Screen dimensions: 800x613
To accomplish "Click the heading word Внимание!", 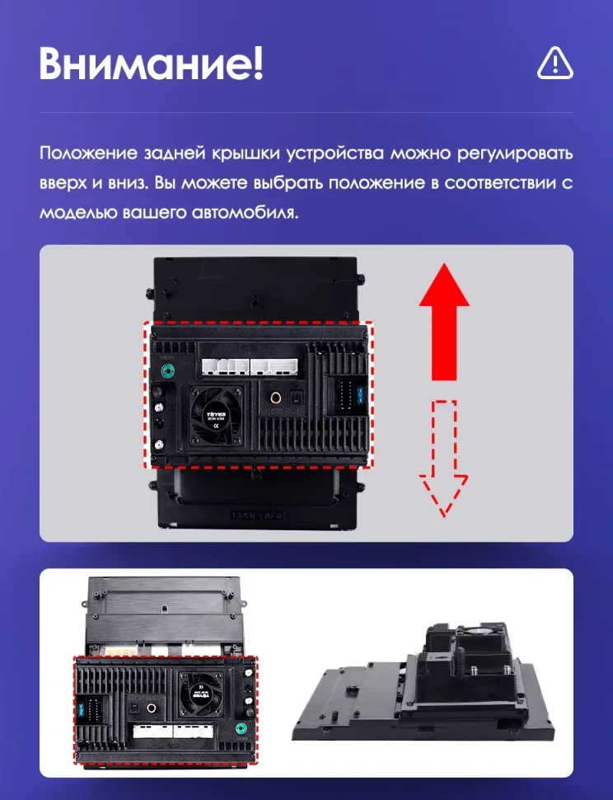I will [151, 64].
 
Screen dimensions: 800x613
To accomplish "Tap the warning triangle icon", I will [555, 63].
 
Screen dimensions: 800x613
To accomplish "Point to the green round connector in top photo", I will [168, 370].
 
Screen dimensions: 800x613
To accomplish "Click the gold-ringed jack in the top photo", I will [274, 399].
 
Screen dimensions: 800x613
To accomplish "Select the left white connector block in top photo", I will [224, 366].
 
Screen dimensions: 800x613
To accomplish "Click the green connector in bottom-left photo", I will [241, 728].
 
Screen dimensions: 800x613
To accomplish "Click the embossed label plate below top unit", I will [257, 513].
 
